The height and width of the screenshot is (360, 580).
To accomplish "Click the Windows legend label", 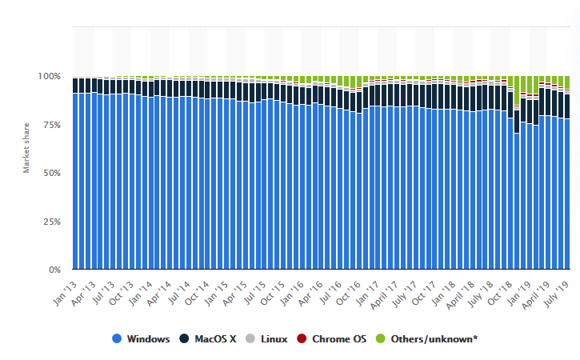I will pos(148,339).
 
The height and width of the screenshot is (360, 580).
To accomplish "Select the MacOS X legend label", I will pos(214,339).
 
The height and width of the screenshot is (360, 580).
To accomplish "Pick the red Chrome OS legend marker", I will pos(302,339).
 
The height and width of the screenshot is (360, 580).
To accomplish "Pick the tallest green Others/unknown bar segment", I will pos(517,90).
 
